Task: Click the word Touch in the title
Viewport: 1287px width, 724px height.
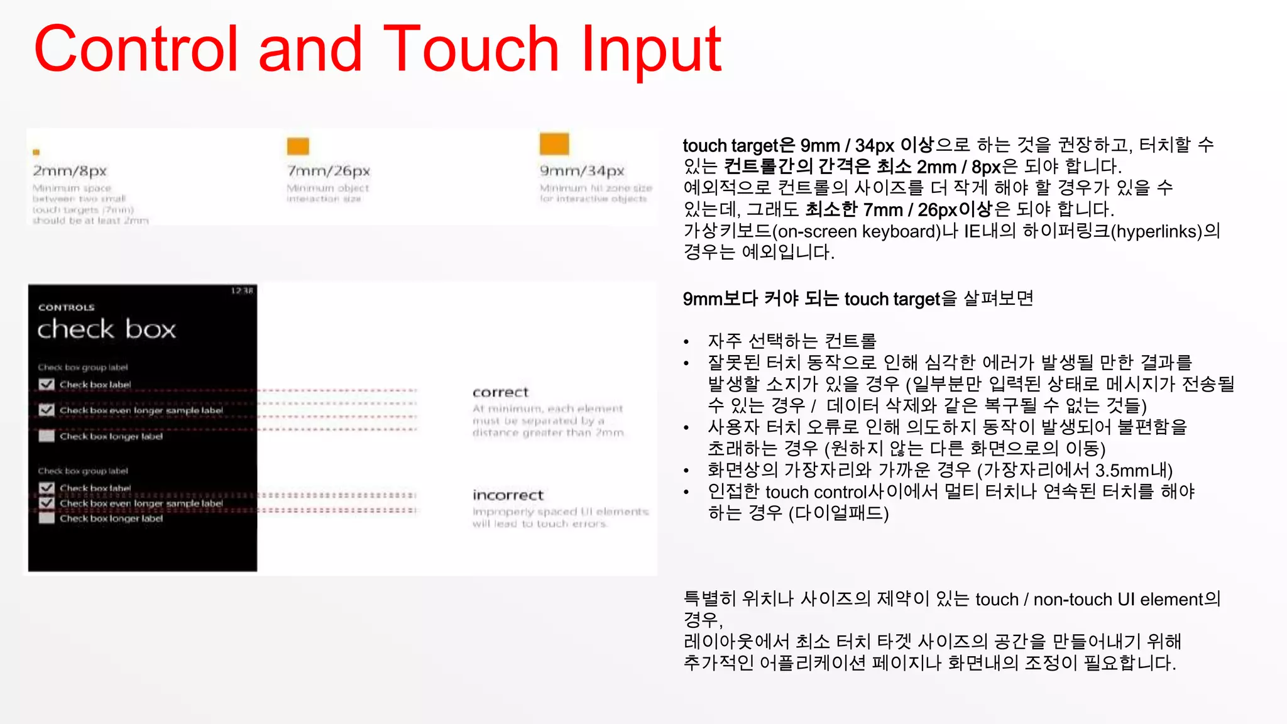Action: click(471, 49)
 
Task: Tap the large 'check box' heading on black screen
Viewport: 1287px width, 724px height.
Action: click(106, 329)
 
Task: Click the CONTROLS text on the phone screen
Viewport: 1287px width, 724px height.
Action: click(66, 307)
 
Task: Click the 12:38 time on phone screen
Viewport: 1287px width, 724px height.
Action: click(242, 290)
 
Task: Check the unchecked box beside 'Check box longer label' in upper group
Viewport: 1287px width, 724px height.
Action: click(47, 436)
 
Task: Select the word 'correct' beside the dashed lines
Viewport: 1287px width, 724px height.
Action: click(500, 392)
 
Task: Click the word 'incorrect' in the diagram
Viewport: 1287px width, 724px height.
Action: click(508, 495)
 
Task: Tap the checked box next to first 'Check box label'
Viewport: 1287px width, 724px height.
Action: click(47, 384)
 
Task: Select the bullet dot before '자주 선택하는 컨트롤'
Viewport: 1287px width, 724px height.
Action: click(687, 342)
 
